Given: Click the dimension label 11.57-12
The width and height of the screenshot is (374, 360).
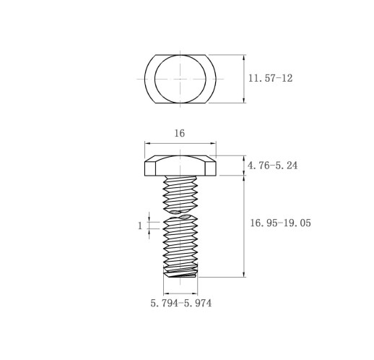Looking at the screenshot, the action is (270, 78).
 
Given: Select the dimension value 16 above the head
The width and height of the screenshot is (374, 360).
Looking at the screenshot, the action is (180, 133).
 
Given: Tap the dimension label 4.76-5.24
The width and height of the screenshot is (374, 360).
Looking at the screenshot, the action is (272, 166).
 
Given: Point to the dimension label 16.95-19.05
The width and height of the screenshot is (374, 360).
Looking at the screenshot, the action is (281, 223).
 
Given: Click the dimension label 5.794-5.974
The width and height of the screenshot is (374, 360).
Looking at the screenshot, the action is (181, 303).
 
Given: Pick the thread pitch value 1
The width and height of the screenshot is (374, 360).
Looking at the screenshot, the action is (140, 226).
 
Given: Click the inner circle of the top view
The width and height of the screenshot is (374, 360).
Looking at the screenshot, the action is (181, 55).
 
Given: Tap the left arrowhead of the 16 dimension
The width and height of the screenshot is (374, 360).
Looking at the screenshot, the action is (147, 143).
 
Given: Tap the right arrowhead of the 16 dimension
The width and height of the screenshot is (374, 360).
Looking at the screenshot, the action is (213, 143).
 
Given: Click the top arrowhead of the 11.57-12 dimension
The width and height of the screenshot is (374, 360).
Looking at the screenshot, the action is (244, 58).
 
